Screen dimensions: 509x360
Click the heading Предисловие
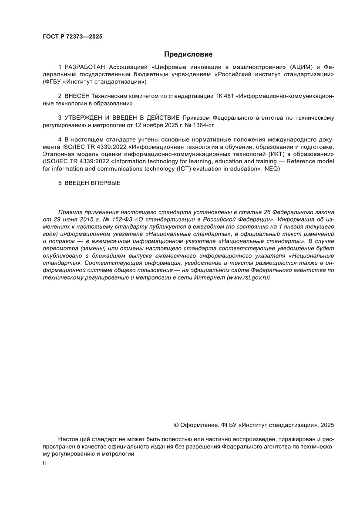click(188, 54)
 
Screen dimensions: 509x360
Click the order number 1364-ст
click(203, 125)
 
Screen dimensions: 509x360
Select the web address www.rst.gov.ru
click(249, 277)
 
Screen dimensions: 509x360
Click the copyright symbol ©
click(176, 425)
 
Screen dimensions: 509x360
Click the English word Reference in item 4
click(298, 161)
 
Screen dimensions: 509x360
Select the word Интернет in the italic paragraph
click(207, 277)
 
